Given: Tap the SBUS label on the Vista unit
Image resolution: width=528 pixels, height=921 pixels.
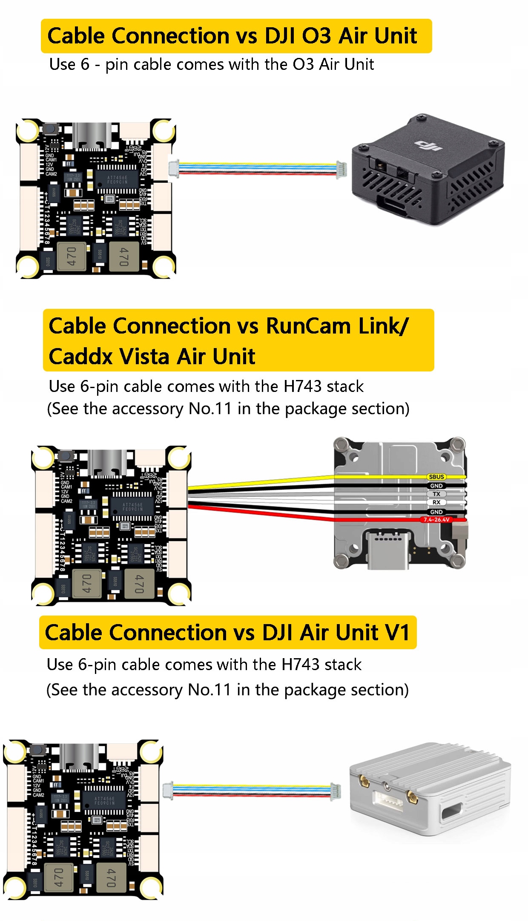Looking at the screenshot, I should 436,477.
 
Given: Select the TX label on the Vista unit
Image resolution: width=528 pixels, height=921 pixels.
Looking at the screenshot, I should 436,494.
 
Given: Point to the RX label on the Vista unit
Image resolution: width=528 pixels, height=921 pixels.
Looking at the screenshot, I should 436,502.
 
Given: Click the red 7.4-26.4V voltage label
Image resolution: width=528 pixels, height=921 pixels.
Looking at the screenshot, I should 436,520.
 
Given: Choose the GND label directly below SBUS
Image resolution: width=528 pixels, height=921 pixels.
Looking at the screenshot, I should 436,486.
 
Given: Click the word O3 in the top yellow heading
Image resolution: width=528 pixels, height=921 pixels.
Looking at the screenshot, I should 316,36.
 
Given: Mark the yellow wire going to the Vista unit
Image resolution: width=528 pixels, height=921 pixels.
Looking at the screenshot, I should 260,482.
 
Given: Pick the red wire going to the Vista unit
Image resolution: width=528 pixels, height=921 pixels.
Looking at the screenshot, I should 260,512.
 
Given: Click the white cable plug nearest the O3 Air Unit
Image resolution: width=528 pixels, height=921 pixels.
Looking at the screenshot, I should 341,169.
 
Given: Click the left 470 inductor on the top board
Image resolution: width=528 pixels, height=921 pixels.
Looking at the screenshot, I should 71,256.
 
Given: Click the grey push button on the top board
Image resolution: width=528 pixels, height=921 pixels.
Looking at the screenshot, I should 51,128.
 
